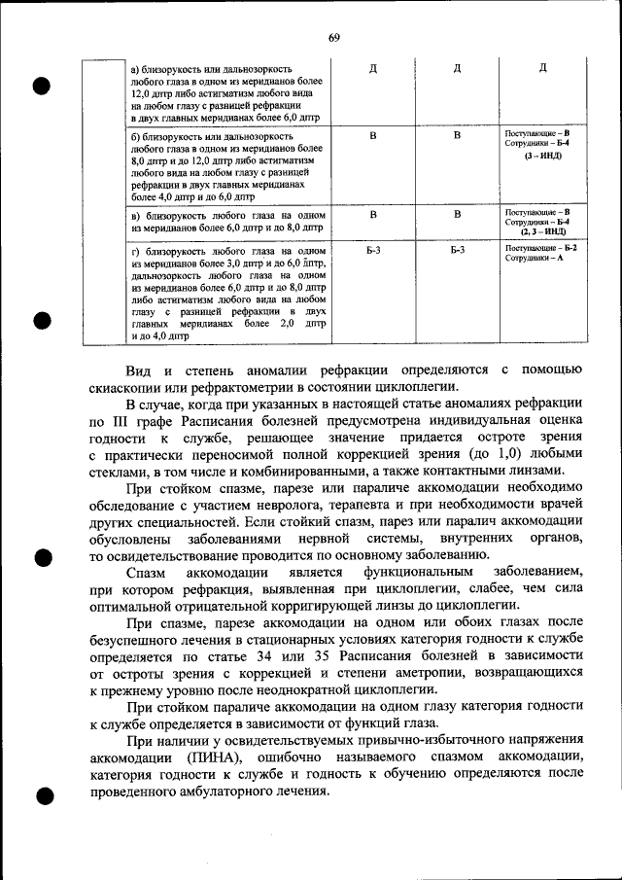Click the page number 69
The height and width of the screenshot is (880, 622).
[333, 37]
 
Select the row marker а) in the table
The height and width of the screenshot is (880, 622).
[135, 69]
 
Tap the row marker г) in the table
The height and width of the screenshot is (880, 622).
[135, 251]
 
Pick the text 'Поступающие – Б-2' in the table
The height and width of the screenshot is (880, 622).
[541, 248]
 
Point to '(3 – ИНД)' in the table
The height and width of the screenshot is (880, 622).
[542, 156]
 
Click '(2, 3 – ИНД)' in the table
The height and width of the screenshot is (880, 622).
[542, 232]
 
